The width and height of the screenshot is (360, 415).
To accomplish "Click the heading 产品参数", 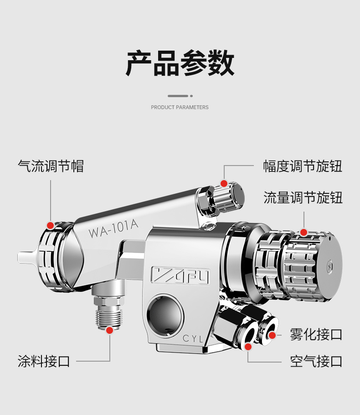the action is click(x=180, y=63).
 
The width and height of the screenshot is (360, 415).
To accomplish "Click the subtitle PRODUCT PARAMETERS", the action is click(x=180, y=107).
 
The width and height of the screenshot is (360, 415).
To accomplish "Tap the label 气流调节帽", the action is click(x=51, y=166).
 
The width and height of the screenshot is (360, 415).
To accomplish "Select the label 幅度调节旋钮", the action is click(x=302, y=166).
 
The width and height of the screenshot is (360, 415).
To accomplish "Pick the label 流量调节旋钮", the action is click(x=303, y=198).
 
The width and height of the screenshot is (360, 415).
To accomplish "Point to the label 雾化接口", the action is click(x=316, y=335).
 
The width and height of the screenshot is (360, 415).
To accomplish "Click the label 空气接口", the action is click(x=316, y=361).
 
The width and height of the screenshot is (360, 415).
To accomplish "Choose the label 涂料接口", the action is click(x=44, y=361).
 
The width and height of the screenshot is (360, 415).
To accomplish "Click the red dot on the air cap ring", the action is click(x=50, y=225).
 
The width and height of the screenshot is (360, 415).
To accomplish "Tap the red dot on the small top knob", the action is click(x=224, y=183).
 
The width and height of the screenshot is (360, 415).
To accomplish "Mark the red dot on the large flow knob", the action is click(x=303, y=233).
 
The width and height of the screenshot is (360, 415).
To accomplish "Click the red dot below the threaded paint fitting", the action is click(x=109, y=330).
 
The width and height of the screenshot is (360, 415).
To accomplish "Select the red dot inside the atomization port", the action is click(x=272, y=335).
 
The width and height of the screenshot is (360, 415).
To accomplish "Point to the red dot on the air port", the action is click(x=248, y=347).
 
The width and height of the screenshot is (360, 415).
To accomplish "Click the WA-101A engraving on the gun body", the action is click(x=113, y=229).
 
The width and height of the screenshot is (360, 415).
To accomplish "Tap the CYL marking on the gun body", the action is click(x=193, y=338).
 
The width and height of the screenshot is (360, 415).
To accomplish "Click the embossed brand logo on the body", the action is click(x=180, y=275).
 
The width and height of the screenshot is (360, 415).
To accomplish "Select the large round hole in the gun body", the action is click(x=165, y=316).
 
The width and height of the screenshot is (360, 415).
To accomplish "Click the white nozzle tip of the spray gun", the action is click(x=27, y=257).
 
